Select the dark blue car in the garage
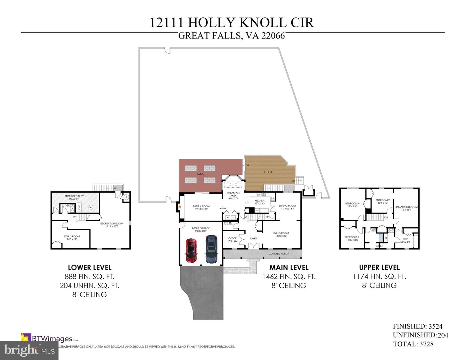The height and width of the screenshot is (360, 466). (212, 249)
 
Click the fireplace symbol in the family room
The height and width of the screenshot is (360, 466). (179, 208)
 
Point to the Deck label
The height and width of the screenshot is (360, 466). (268, 172)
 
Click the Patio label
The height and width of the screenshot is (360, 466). (200, 174)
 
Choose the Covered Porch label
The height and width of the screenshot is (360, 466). (279, 254)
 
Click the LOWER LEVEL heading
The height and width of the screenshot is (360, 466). (90, 267)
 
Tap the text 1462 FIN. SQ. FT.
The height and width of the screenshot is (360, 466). (289, 277)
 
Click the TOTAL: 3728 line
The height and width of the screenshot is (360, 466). (413, 344)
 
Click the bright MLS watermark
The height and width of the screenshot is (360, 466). (29, 350)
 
